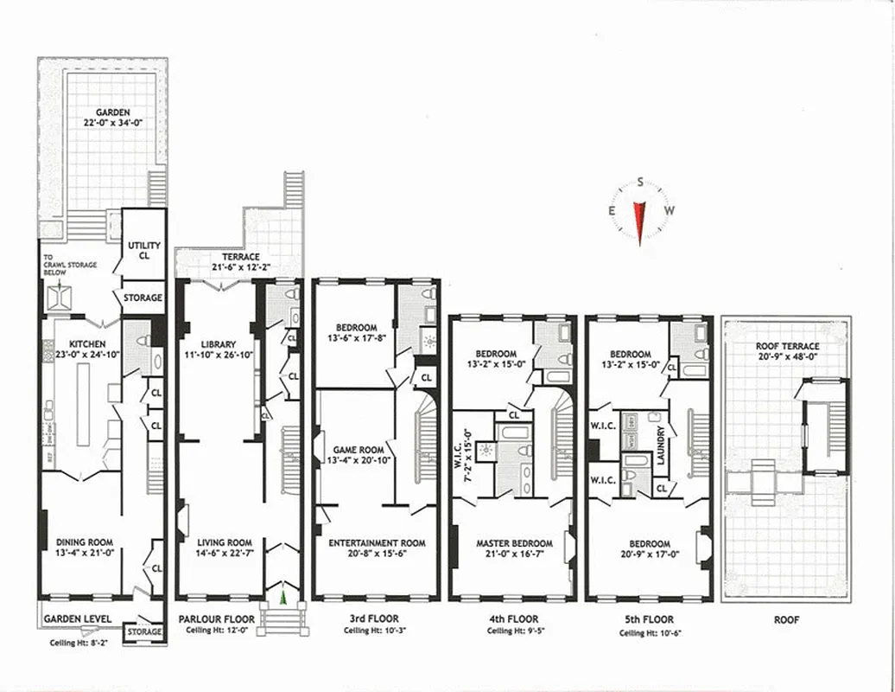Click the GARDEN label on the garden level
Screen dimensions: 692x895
(113, 112)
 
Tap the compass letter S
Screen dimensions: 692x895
(640, 182)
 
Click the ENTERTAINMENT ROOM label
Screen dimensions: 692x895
(378, 543)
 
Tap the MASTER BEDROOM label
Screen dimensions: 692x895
(511, 543)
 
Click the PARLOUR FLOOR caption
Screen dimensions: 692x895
(217, 619)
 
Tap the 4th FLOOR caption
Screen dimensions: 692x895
(512, 619)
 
